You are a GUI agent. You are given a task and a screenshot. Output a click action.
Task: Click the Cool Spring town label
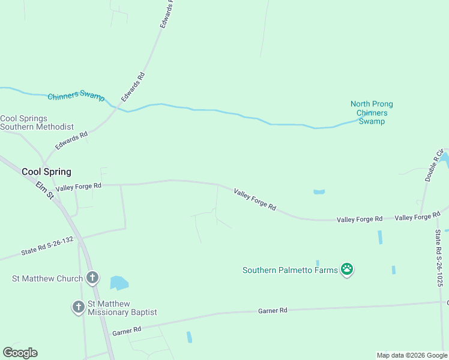(x=46, y=172)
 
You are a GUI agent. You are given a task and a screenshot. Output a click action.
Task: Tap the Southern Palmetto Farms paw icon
(x=347, y=269)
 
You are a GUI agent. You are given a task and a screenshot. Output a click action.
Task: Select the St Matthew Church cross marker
(x=92, y=278)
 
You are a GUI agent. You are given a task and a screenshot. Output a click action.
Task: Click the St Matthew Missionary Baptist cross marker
(x=78, y=307)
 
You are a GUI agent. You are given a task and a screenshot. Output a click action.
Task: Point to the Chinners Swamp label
(x=76, y=97)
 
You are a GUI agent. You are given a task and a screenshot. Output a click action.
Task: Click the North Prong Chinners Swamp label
(x=372, y=113)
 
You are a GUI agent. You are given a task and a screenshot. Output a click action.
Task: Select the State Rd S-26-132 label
(x=47, y=247)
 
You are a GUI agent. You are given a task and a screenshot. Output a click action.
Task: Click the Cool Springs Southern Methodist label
(x=37, y=123)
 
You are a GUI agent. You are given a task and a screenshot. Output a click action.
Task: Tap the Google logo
(x=20, y=353)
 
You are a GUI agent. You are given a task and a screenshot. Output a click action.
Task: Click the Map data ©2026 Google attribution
(x=412, y=355)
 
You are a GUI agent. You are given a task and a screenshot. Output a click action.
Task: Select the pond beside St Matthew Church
(x=119, y=283)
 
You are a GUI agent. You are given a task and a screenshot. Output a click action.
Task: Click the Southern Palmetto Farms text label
(x=291, y=270)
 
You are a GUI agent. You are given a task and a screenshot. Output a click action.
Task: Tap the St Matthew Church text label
(x=47, y=278)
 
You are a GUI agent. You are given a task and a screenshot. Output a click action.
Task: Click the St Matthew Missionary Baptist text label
(x=122, y=308)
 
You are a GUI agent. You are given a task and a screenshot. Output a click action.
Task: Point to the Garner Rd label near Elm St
(x=126, y=330)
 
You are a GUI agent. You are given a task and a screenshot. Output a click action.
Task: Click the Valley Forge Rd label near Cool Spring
(x=79, y=187)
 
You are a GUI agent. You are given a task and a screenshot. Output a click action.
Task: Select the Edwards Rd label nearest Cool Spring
(x=71, y=141)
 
